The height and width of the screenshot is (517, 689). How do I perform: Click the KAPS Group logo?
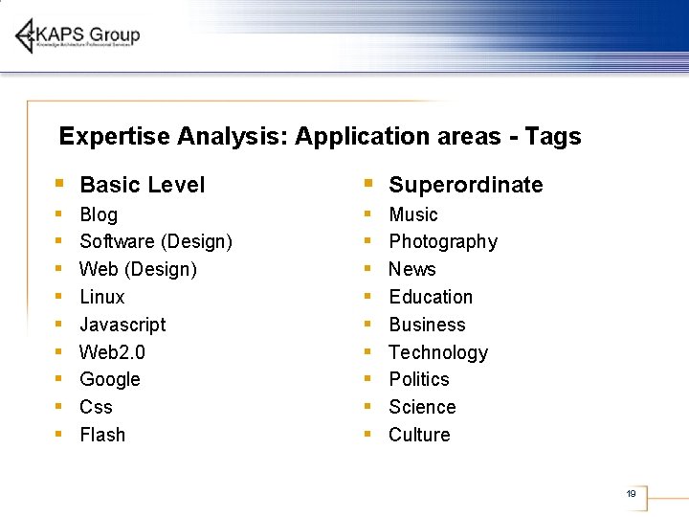tap(77, 36)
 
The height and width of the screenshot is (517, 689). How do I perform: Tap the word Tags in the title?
tap(552, 136)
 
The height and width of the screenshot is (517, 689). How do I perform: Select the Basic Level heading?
tap(142, 185)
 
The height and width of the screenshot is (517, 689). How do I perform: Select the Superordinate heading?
tap(465, 185)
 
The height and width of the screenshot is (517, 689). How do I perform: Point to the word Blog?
tap(99, 214)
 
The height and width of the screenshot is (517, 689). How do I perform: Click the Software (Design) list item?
tap(155, 241)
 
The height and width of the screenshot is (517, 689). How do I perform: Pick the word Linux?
tap(101, 297)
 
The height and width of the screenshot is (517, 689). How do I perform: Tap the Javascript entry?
tap(122, 325)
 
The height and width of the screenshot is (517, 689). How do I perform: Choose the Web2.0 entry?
tap(112, 352)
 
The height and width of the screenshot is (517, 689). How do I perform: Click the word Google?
tap(109, 379)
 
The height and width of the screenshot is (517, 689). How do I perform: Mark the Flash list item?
tap(102, 435)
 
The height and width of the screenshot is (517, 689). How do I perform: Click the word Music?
tap(412, 214)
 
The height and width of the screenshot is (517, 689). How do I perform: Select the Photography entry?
tap(442, 241)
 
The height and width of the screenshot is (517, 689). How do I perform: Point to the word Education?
tap(430, 297)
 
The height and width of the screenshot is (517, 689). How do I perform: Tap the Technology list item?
tap(437, 352)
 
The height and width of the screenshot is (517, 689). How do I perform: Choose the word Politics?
tap(418, 379)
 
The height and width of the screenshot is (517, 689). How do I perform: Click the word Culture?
tap(418, 435)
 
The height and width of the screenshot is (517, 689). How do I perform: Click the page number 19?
tap(631, 494)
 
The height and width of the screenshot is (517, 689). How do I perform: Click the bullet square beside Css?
tap(58, 406)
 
